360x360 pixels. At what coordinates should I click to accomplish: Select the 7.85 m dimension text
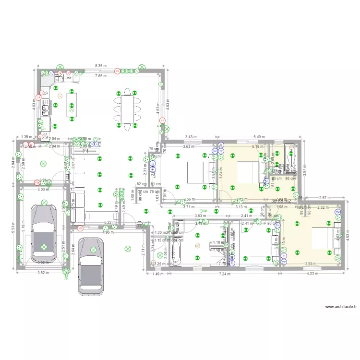tap(101, 76)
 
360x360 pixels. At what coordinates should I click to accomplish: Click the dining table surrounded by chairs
tap(128, 109)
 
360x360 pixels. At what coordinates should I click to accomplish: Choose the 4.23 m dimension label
tap(312, 274)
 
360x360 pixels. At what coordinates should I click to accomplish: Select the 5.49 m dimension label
tap(259, 136)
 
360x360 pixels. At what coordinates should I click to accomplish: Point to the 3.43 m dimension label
tap(191, 136)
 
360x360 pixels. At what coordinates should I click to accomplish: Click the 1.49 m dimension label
tap(157, 274)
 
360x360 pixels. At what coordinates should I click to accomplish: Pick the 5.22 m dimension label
tap(110, 222)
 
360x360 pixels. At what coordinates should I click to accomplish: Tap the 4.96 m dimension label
tap(108, 233)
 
